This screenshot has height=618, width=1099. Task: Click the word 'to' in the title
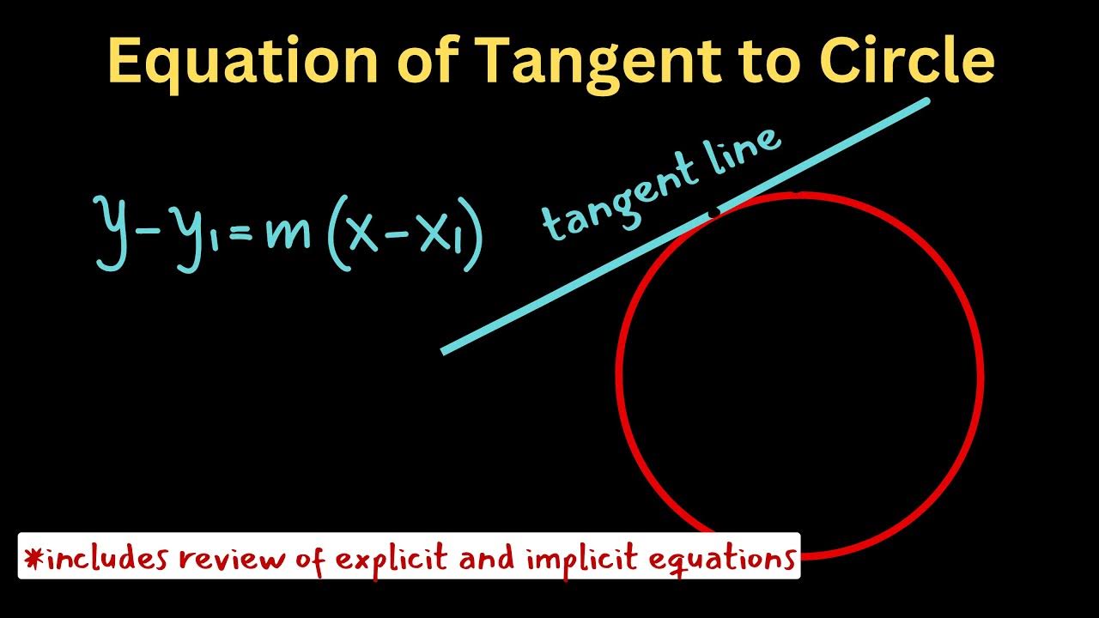click(x=768, y=62)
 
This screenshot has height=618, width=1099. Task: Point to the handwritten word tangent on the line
click(x=618, y=197)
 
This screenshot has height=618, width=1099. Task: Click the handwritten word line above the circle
click(x=739, y=151)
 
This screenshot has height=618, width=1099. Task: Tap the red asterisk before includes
click(x=33, y=559)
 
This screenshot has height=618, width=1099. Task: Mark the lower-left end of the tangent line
click(x=444, y=350)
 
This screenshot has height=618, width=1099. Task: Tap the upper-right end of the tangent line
click(x=926, y=102)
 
